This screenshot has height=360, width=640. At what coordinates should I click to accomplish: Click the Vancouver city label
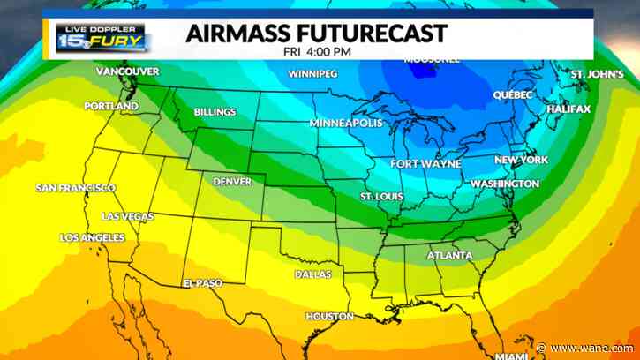click(x=127, y=71)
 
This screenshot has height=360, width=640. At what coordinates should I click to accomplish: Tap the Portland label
click(x=111, y=106)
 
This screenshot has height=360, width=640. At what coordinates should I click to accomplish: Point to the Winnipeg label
click(x=312, y=73)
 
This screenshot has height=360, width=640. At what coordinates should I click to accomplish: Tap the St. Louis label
click(x=381, y=195)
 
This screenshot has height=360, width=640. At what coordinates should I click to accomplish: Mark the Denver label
click(x=232, y=182)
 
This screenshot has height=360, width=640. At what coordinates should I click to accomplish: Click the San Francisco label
click(x=75, y=188)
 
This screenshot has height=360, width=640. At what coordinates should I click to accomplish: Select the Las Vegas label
click(x=127, y=216)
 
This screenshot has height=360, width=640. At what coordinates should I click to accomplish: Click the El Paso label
click(x=202, y=282)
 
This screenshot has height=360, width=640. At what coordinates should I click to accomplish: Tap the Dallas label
click(x=313, y=274)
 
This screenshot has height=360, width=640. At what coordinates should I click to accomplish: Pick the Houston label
click(x=329, y=316)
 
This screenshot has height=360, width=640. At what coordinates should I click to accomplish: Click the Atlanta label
click(x=449, y=256)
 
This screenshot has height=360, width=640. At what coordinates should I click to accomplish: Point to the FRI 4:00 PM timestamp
click(x=317, y=52)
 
